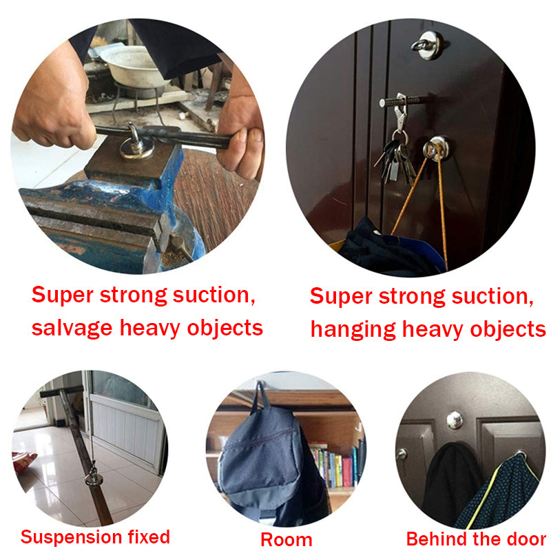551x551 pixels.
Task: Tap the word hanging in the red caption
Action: click(352, 329)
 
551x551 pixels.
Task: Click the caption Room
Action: click(286, 539)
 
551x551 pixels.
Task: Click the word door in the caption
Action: click(527, 538)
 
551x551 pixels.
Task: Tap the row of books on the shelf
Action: click(337, 466)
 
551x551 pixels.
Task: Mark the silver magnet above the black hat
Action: click(454, 419)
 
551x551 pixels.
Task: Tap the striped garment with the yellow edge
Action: click(503, 489)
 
